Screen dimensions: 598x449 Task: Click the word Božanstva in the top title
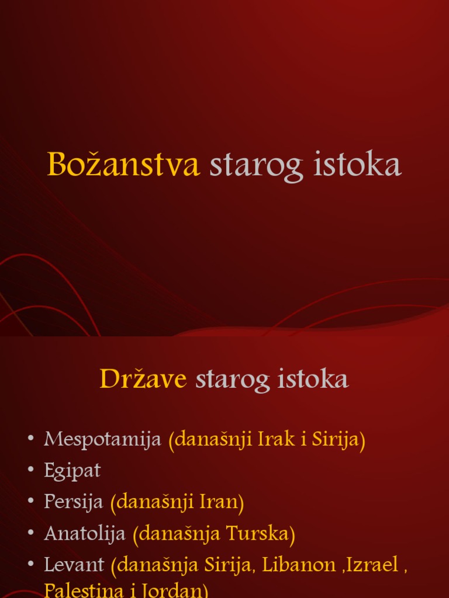point(123,165)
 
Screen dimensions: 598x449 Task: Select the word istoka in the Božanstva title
point(358,165)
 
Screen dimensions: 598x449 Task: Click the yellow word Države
point(143,380)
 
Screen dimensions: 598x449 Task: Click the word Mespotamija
point(102,440)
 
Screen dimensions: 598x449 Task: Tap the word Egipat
point(72,471)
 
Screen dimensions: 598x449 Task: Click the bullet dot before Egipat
point(31,471)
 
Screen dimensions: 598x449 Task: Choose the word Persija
point(74,502)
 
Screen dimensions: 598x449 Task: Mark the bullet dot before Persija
point(31,502)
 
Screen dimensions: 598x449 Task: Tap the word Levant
point(74,564)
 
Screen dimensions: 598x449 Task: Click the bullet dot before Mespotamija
point(31,440)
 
